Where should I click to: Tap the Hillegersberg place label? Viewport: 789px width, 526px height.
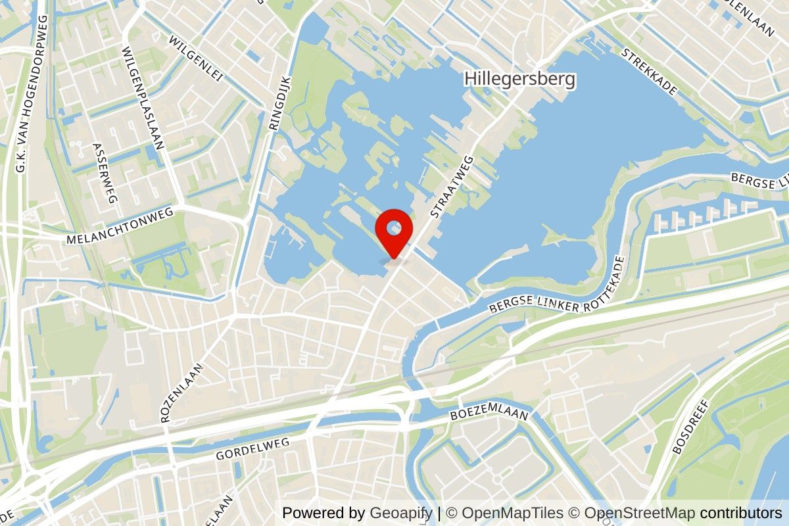tap(519, 80)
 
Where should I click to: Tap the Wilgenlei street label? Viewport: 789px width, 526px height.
tap(197, 59)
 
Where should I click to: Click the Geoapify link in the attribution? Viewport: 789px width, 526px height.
tap(401, 513)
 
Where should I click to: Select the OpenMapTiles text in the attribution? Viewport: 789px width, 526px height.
tap(512, 513)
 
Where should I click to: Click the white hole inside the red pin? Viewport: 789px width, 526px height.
tap(393, 228)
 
